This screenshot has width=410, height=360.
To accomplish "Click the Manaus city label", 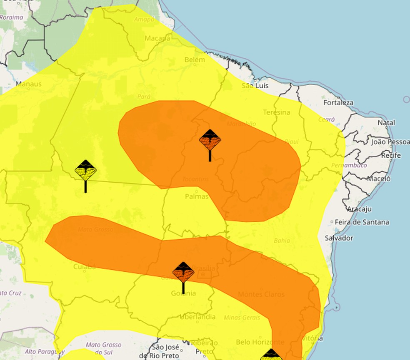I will coord(29,84).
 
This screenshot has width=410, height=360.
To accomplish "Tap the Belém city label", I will coord(195,60).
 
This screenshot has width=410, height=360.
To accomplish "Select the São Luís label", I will coord(255,86).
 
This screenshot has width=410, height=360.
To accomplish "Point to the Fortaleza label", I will coord(338,102).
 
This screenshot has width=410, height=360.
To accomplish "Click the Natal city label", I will coord(386,123).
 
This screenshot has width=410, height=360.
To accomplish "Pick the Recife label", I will coord(391,155).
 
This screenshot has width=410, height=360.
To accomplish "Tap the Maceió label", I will coord(379,179).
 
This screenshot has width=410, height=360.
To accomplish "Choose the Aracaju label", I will coord(359,209).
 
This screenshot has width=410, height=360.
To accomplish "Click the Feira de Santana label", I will coord(362,222).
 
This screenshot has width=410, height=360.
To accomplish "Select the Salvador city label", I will coord(339,238).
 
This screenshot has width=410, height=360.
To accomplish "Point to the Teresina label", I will coord(277,112).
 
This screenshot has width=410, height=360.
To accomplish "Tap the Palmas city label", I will coord(197,196).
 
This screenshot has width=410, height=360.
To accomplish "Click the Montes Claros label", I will coord(261,294).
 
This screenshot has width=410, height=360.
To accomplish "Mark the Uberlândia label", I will coord(197,317).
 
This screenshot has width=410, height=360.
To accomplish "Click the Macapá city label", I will coord(157,38).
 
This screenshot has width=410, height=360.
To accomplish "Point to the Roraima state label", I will coord(12,17).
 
